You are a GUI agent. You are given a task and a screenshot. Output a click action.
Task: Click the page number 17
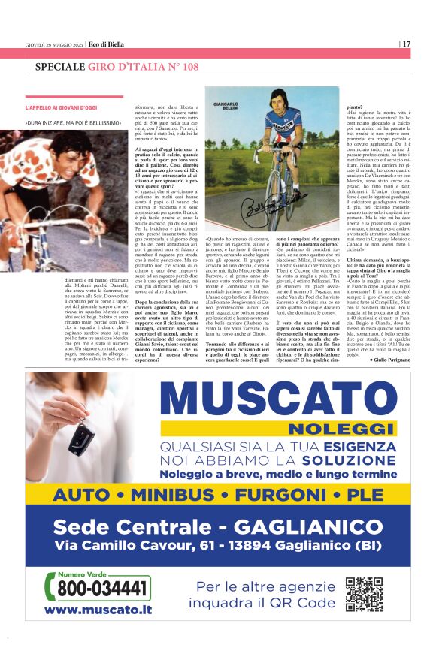(x=406, y=44)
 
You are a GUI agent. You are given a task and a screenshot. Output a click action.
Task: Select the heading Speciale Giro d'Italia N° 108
(x=117, y=68)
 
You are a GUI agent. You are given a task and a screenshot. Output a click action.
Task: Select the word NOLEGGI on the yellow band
(x=328, y=429)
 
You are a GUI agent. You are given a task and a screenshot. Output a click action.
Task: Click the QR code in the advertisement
(x=364, y=594)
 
